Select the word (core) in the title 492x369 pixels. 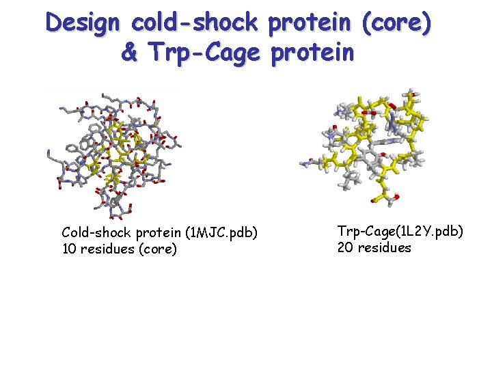[398, 24]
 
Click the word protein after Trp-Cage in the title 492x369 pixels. [313, 52]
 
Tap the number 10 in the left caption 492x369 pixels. [69, 249]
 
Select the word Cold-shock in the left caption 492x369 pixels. [92, 233]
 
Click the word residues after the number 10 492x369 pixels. [107, 249]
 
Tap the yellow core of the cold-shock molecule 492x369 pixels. [123, 143]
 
